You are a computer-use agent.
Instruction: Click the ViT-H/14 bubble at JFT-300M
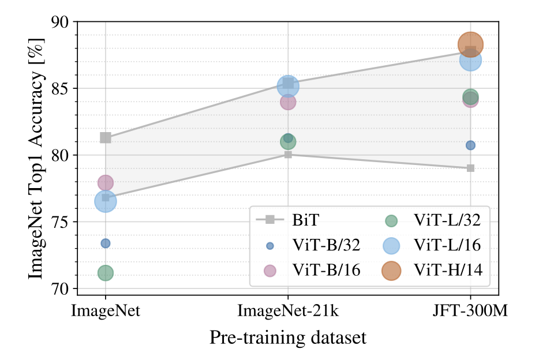[x=470, y=44]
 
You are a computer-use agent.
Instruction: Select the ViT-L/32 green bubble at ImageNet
[x=106, y=273]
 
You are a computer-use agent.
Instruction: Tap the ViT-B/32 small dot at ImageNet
[x=106, y=243]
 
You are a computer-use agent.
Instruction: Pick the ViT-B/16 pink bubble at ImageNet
[x=106, y=183]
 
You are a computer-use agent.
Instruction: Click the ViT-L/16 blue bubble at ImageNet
[x=106, y=201]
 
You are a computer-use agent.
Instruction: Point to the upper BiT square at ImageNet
[x=106, y=137]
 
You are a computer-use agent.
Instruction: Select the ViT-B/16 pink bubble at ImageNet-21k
[x=288, y=102]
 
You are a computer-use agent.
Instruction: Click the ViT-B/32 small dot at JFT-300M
[x=470, y=145]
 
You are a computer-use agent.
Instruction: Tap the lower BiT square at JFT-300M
[x=470, y=168]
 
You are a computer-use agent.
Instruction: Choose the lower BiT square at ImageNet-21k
[x=288, y=154]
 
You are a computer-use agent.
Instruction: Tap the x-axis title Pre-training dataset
[x=288, y=337]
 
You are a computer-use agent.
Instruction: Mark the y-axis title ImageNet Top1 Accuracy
[x=36, y=155]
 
